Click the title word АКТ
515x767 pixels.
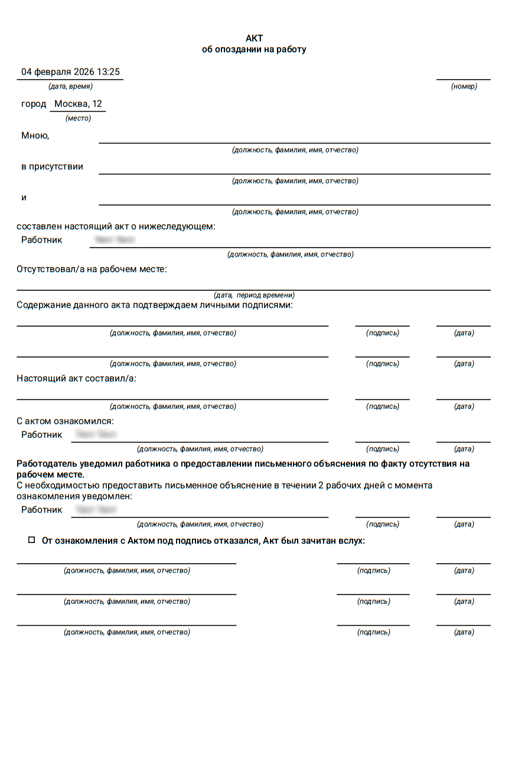[254, 38]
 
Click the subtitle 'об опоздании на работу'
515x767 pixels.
[254, 50]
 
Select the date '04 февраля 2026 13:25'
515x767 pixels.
[70, 72]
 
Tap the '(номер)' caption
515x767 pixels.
[464, 86]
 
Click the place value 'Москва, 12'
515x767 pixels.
[78, 104]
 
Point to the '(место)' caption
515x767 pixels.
[78, 118]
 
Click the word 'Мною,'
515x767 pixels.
[35, 135]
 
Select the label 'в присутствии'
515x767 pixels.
[52, 167]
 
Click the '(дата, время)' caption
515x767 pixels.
[70, 86]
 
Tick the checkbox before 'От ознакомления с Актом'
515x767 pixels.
[31, 540]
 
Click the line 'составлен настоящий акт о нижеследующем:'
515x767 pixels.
[116, 226]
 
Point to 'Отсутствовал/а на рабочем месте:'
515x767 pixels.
[92, 269]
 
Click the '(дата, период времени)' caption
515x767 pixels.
[254, 295]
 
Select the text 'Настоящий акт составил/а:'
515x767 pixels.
[76, 378]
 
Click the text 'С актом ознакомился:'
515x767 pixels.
[65, 421]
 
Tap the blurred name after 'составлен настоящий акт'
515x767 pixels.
[115, 240]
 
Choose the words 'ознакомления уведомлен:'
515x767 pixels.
[74, 496]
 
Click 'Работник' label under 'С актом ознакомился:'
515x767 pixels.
[41, 435]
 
